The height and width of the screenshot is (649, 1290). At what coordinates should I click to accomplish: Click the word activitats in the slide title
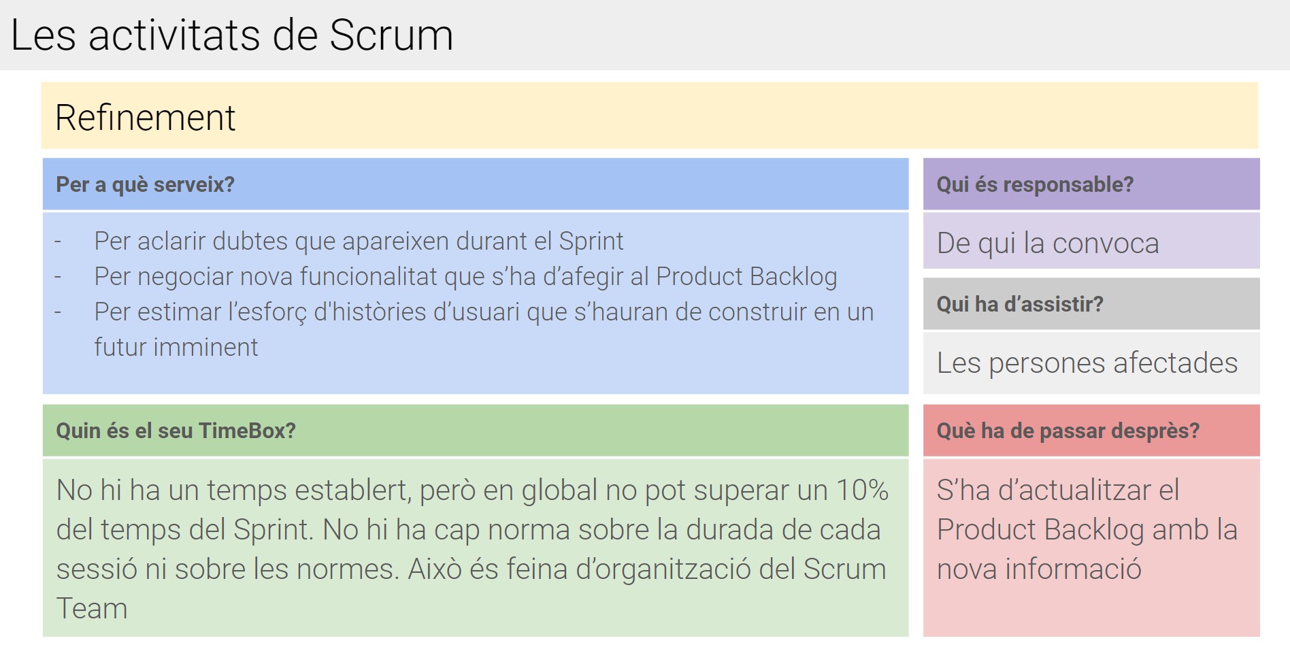click(x=174, y=35)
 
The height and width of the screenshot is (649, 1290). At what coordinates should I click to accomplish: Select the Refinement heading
click(x=145, y=117)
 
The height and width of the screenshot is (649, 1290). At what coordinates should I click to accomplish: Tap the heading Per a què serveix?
click(x=145, y=184)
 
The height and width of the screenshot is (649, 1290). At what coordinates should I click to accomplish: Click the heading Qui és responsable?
click(x=1035, y=184)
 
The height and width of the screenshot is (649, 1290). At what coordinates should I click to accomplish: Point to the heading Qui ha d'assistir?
click(x=1020, y=304)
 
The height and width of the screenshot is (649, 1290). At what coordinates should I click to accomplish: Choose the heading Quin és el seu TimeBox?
click(x=176, y=431)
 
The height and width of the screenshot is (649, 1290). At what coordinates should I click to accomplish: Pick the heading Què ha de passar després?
click(x=1068, y=431)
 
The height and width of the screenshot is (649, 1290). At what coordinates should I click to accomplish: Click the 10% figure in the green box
click(x=862, y=490)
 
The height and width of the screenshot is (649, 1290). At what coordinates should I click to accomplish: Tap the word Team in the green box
click(x=92, y=608)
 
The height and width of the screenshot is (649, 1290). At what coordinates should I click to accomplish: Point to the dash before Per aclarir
click(x=58, y=242)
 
